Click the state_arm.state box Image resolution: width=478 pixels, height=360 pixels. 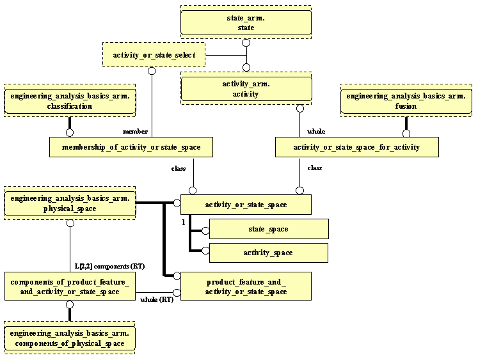point(246,23)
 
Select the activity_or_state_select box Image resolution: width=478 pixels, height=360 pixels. point(154,55)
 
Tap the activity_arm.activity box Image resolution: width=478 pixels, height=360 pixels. point(246,89)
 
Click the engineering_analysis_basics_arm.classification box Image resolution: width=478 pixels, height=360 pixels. point(70,101)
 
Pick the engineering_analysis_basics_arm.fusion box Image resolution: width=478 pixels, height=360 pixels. point(406,101)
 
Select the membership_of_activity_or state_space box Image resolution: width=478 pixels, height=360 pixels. point(131,147)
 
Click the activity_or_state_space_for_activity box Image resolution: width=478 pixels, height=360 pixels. point(356,147)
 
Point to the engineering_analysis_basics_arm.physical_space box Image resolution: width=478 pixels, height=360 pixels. point(70,203)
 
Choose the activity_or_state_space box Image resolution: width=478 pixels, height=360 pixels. point(246,205)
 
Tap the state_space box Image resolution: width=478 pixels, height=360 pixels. point(268,229)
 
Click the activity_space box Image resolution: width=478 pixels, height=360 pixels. point(268,253)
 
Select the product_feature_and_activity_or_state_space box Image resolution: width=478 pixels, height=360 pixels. point(246,286)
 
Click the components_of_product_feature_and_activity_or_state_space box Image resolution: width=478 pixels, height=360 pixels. point(70,286)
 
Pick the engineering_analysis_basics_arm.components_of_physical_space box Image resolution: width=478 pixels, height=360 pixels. point(70,338)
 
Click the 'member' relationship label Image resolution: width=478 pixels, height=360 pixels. point(135,131)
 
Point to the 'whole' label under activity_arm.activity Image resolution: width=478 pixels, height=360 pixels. point(315,131)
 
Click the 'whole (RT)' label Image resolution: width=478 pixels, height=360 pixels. point(156,299)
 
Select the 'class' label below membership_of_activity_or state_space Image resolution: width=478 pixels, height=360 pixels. point(179,168)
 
